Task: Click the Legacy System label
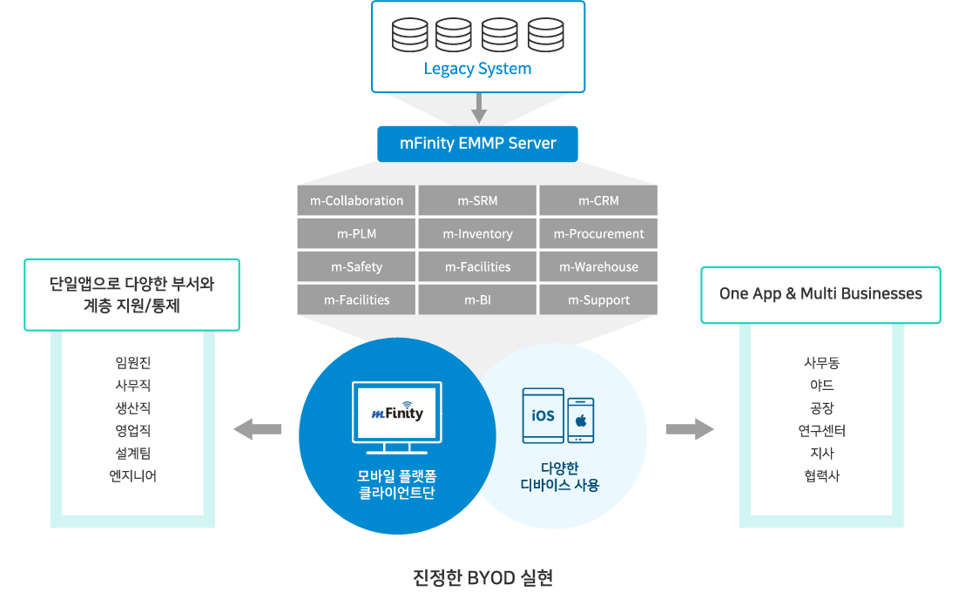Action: click(478, 69)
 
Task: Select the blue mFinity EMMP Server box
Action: click(478, 145)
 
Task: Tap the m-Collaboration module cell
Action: click(356, 200)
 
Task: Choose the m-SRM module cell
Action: click(477, 200)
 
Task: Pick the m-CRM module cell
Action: click(598, 200)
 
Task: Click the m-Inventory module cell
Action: click(477, 233)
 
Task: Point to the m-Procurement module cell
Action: click(598, 233)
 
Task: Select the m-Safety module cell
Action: click(356, 266)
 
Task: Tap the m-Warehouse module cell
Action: click(598, 266)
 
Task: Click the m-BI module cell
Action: click(477, 299)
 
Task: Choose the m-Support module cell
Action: click(598, 299)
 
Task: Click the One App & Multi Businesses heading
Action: click(820, 294)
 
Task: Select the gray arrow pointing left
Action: click(257, 429)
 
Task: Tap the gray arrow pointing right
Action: click(690, 429)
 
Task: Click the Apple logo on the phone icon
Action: click(581, 420)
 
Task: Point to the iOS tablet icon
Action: click(543, 415)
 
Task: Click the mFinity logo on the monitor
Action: click(397, 413)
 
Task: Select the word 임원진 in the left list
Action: click(132, 363)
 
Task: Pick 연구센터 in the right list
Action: click(822, 431)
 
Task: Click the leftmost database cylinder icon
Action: click(410, 35)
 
